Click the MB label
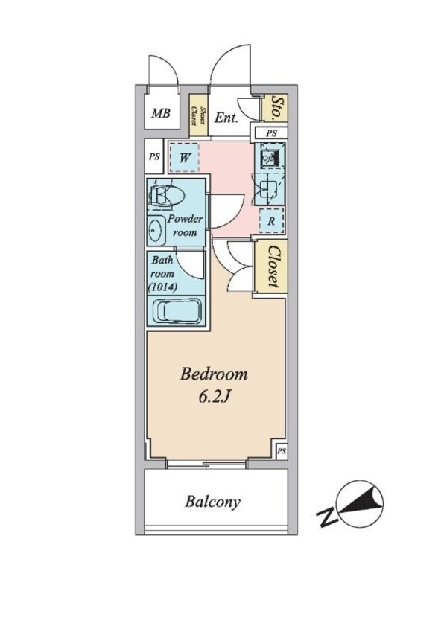point(161,113)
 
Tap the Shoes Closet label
point(198,115)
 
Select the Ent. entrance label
point(226,118)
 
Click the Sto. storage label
point(276,108)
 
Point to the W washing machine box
point(184,158)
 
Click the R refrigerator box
point(271,221)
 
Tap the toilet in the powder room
point(165,197)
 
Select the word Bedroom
point(213,374)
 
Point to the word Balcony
point(212,502)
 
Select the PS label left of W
point(154,156)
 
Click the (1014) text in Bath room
point(162,287)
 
